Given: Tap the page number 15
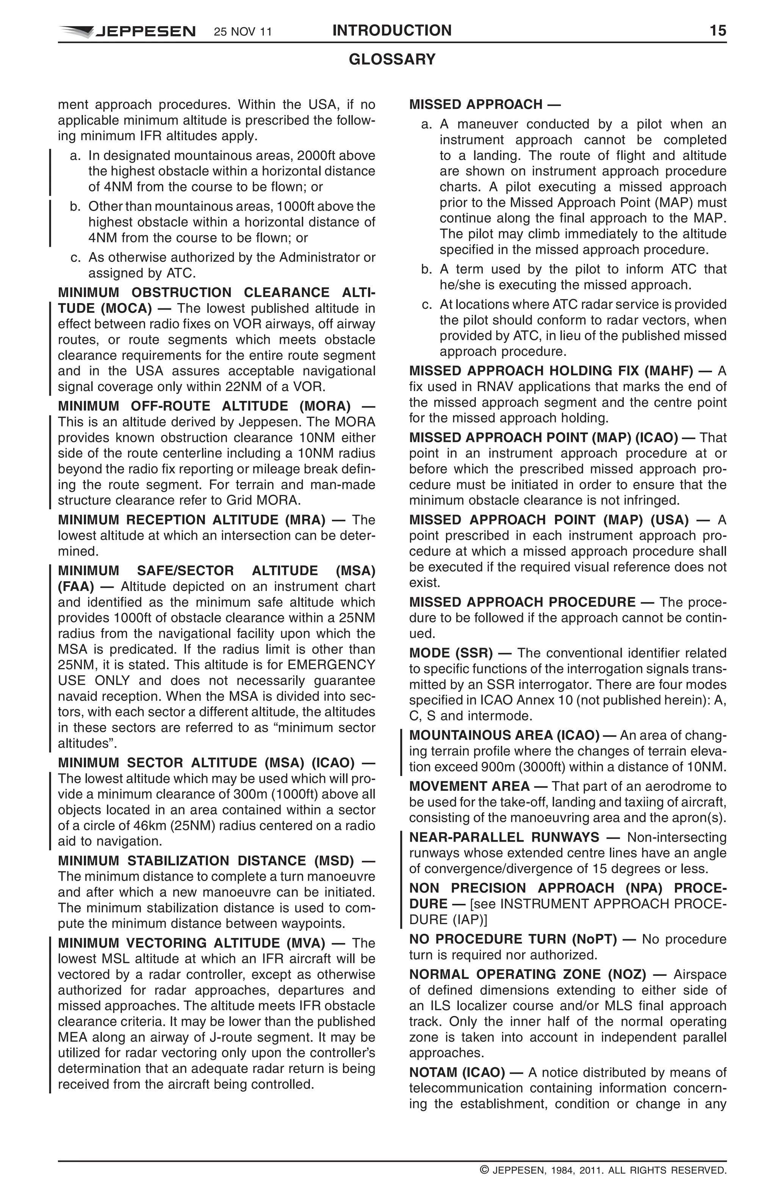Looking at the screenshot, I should coord(718,31).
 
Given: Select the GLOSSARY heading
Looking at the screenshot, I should coord(392,59).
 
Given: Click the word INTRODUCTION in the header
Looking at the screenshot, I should coord(392,31).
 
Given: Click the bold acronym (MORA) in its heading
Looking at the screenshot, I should coord(325,406).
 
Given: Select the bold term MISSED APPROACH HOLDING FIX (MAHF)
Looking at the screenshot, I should coord(551,371).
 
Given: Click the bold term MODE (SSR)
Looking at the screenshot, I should coord(451,653).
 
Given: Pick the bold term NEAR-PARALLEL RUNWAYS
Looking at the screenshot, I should coord(504,837).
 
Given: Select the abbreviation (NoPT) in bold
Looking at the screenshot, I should coord(594,939).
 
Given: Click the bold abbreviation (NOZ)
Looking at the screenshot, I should coord(626,974).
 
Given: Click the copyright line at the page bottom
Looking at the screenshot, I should coord(603,1170).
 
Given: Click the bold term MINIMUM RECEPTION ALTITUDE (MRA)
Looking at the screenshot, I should coord(191,520).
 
